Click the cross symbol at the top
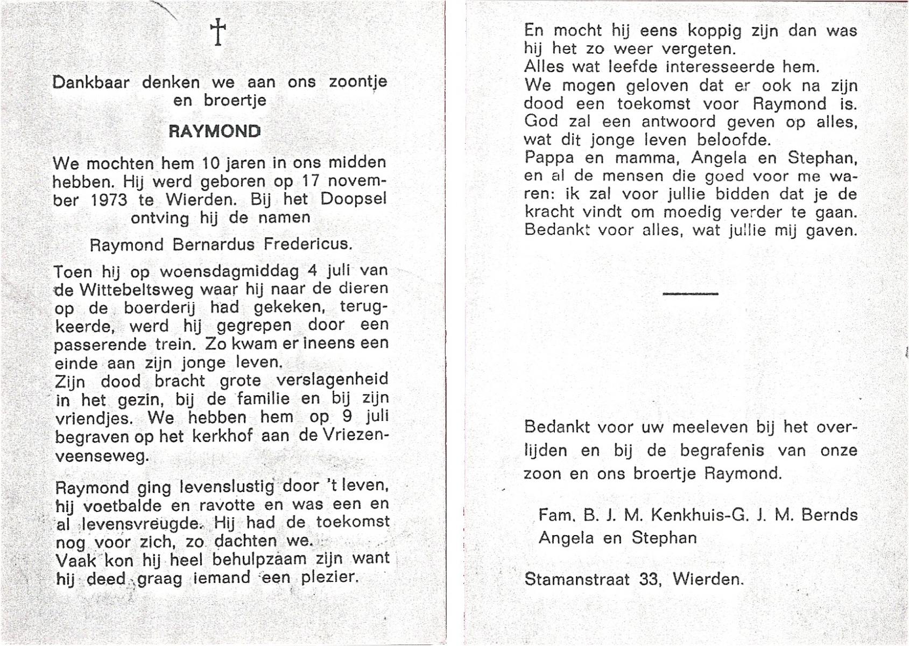click(x=218, y=32)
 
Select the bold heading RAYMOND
click(x=215, y=131)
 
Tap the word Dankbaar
click(x=91, y=82)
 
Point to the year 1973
click(x=109, y=200)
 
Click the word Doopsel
click(x=354, y=199)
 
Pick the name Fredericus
click(x=308, y=245)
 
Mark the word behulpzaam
click(x=252, y=560)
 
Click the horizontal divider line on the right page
click(x=690, y=293)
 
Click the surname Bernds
click(x=829, y=515)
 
